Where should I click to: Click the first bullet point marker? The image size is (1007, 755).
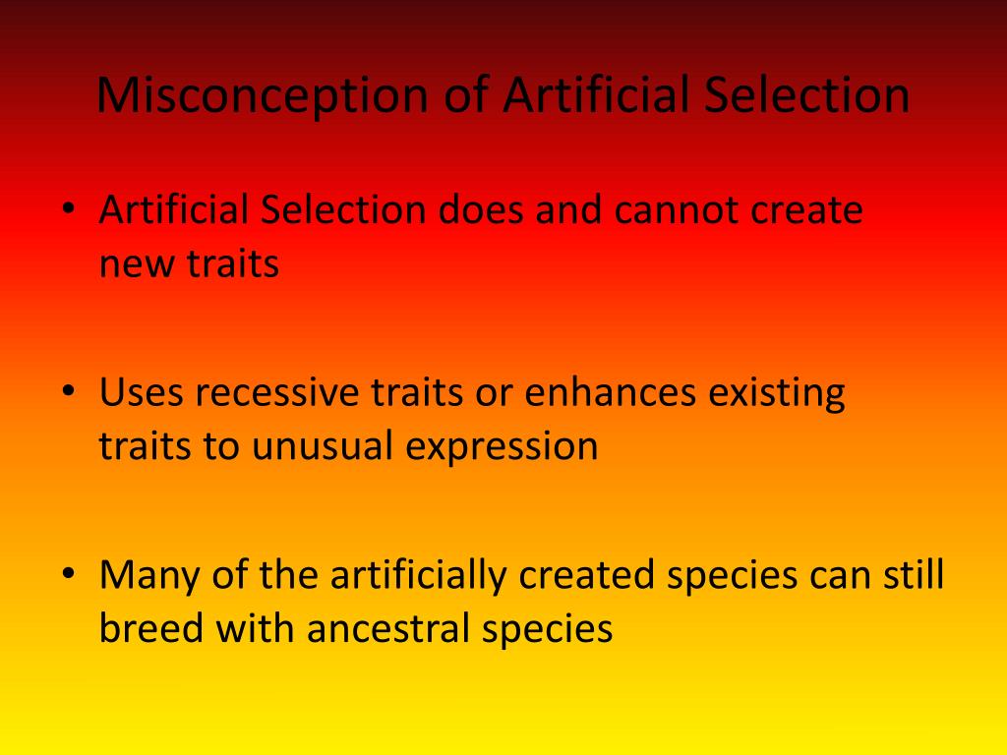(x=68, y=210)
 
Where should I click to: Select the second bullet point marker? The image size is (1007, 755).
(x=68, y=392)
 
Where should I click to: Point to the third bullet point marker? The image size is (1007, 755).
(x=68, y=574)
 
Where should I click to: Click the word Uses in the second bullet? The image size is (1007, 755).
(x=141, y=392)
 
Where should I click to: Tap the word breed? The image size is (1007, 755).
(x=152, y=629)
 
